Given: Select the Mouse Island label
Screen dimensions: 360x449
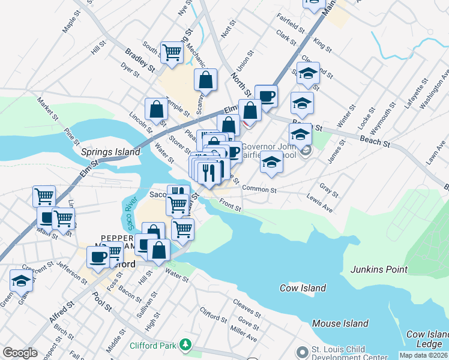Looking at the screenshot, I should click(x=340, y=323).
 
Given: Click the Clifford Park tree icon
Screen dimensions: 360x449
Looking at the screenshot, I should click(x=186, y=344).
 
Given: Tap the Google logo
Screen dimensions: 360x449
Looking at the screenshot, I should click(x=20, y=353).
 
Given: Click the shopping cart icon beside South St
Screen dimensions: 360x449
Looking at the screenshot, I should click(x=172, y=52).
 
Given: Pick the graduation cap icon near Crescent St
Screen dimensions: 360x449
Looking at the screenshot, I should click(x=21, y=280).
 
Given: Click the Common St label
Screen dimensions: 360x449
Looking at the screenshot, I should click(x=259, y=189).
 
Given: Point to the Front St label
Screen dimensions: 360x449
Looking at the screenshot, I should click(x=229, y=205).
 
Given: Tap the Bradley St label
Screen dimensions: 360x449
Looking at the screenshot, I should click(x=137, y=61).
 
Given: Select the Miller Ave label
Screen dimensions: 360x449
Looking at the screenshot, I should click(x=243, y=335).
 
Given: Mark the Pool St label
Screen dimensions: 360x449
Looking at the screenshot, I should click(x=101, y=299).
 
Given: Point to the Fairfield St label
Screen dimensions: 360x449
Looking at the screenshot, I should click(x=291, y=23).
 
